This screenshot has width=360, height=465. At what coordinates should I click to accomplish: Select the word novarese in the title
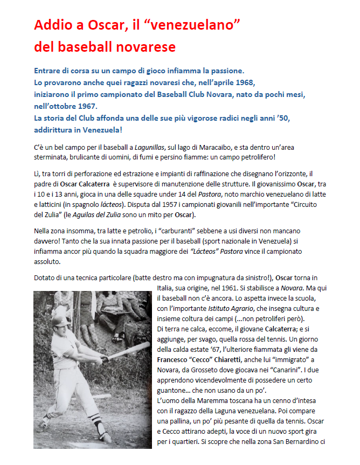[x=143, y=47]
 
